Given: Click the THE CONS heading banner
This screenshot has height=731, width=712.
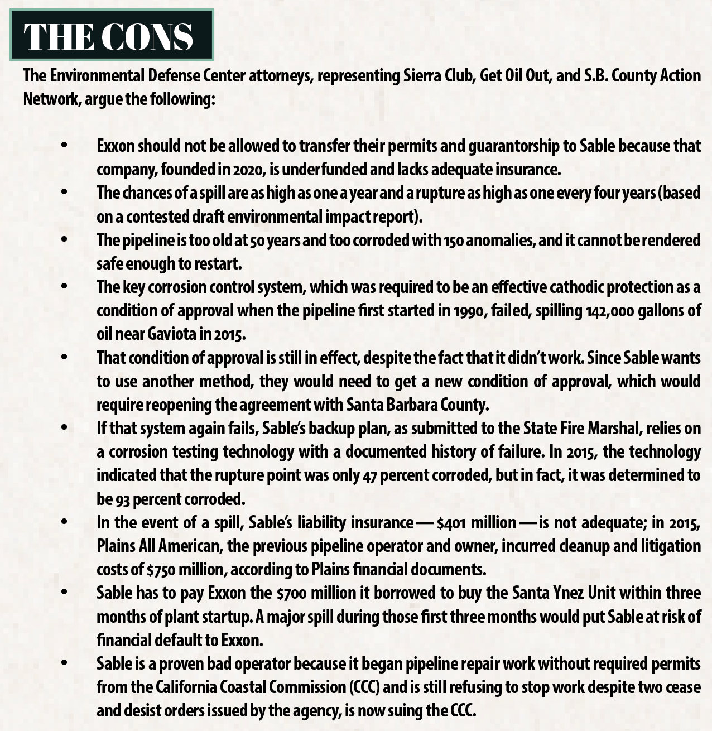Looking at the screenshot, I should pos(112,35).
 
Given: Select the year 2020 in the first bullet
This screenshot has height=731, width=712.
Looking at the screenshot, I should pos(249,169).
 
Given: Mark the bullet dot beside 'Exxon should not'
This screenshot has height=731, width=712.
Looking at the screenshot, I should pos(64,146).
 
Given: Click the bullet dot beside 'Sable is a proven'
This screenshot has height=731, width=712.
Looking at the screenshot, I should pos(64,663).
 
